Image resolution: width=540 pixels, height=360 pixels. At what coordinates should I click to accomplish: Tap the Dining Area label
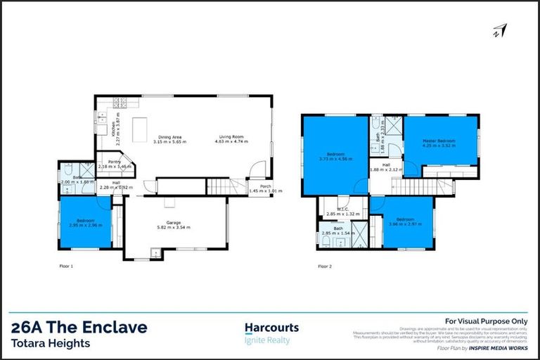169,136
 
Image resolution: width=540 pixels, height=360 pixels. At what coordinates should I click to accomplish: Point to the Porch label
266,186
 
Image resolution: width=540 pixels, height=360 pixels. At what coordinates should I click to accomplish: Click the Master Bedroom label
439,141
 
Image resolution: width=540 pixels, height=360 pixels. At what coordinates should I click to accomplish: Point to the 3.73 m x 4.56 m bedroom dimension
334,158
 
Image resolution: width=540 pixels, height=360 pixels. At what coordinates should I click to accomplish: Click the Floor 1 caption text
67,266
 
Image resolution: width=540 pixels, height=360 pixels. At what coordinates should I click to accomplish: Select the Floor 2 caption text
325,266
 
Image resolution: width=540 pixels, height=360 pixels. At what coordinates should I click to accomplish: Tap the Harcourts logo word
271,328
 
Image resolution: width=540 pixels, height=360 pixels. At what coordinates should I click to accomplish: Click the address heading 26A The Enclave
79,327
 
